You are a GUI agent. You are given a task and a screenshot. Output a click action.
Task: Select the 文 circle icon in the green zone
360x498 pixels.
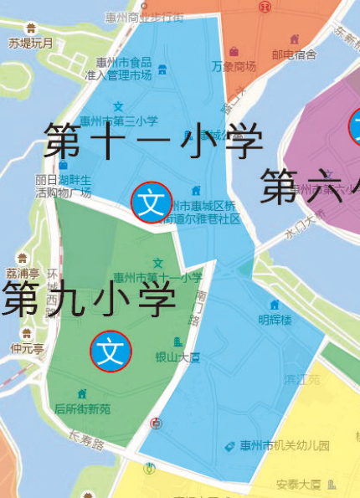111,350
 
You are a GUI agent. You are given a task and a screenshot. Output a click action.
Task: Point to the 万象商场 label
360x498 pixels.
234,67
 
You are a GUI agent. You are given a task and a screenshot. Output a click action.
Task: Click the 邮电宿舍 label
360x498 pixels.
294,54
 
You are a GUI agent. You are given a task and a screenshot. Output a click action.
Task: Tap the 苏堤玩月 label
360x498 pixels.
31,44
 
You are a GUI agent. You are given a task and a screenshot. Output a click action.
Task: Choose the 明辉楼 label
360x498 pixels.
275,320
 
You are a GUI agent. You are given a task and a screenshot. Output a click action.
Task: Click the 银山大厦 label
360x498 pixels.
177,357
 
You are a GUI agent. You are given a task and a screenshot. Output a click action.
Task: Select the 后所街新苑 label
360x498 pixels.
82,409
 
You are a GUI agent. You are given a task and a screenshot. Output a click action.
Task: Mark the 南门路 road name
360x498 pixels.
200,307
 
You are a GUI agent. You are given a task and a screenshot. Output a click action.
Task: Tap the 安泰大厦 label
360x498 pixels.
299,484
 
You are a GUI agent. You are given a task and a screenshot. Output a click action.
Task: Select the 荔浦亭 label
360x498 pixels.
23,273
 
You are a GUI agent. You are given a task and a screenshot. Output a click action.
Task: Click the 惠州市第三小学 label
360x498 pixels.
119,121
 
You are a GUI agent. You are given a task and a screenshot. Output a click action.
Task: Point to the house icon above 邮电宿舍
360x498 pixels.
294,39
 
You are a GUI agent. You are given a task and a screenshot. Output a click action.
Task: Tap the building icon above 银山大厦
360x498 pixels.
177,341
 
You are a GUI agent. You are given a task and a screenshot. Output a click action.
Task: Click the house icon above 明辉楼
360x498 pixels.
274,305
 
